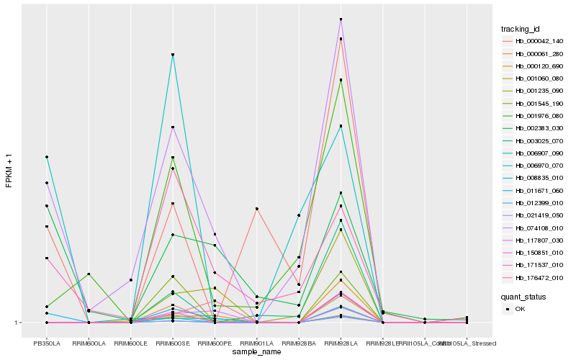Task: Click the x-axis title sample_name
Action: coord(257,352)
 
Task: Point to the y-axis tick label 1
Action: coord(17,323)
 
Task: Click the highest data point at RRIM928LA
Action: coord(341,19)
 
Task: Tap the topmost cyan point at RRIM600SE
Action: coord(173,55)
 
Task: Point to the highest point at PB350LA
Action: coord(47,157)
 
